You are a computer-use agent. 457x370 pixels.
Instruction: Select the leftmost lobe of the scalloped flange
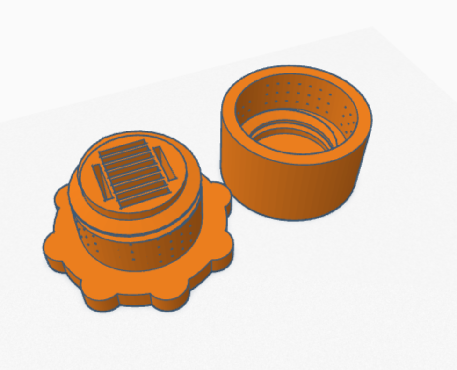52,248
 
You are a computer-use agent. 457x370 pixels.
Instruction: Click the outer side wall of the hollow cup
290,187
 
